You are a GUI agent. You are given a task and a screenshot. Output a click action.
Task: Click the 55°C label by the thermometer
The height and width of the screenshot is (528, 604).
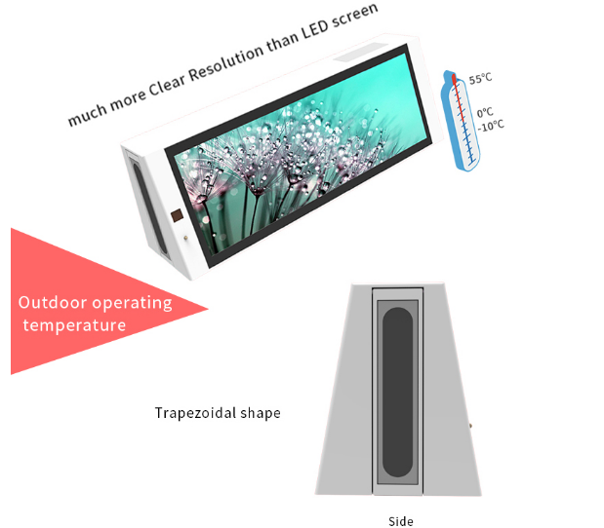click(x=480, y=80)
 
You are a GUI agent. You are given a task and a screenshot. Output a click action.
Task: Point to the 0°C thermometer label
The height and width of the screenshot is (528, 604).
click(x=485, y=112)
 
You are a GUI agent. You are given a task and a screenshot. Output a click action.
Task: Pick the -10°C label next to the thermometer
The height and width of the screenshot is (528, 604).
click(x=490, y=125)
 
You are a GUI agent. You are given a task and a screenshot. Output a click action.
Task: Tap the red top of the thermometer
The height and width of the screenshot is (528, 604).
click(x=450, y=78)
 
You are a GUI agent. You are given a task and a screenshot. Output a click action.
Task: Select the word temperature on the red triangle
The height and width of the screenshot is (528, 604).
click(x=76, y=325)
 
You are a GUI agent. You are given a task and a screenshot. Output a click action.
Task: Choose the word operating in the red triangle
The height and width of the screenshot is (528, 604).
click(x=133, y=303)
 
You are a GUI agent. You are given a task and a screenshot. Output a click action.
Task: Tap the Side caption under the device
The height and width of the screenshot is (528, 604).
click(x=400, y=520)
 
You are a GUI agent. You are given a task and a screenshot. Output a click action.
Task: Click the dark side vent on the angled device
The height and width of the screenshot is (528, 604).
click(x=140, y=191)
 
